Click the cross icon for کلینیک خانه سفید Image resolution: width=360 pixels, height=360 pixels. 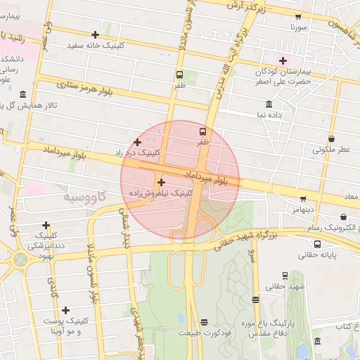tap(95, 34)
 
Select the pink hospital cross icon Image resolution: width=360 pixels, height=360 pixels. tap(283, 60)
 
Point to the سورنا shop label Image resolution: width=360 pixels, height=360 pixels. tap(299, 29)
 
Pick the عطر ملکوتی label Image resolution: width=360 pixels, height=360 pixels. tap(330, 149)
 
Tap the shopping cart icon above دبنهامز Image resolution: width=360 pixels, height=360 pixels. tap(303, 199)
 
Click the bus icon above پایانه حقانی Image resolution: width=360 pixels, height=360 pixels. tap(318, 244)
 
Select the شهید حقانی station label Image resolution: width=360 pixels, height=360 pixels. tap(285, 287)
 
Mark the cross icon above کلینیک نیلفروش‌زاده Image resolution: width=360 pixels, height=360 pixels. tap(161, 182)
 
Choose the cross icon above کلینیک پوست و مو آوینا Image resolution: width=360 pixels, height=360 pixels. tap(65, 310)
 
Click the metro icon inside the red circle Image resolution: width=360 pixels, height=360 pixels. tap(203, 131)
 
